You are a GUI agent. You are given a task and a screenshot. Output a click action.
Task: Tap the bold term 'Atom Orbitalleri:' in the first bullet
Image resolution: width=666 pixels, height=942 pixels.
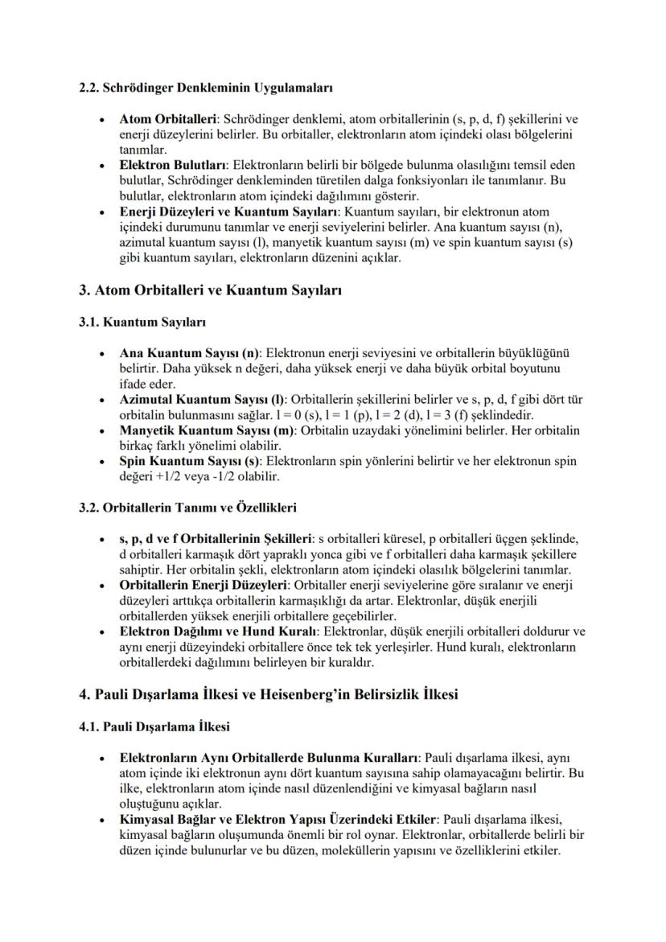tap(168, 121)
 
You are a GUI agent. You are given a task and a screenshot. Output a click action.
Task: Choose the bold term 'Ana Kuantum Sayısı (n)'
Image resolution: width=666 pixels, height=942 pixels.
tap(190, 353)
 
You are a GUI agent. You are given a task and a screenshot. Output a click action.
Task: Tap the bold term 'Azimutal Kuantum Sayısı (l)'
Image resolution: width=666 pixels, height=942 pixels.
tap(202, 399)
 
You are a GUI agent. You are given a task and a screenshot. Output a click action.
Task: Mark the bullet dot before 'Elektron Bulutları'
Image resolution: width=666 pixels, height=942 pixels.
tap(101, 165)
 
